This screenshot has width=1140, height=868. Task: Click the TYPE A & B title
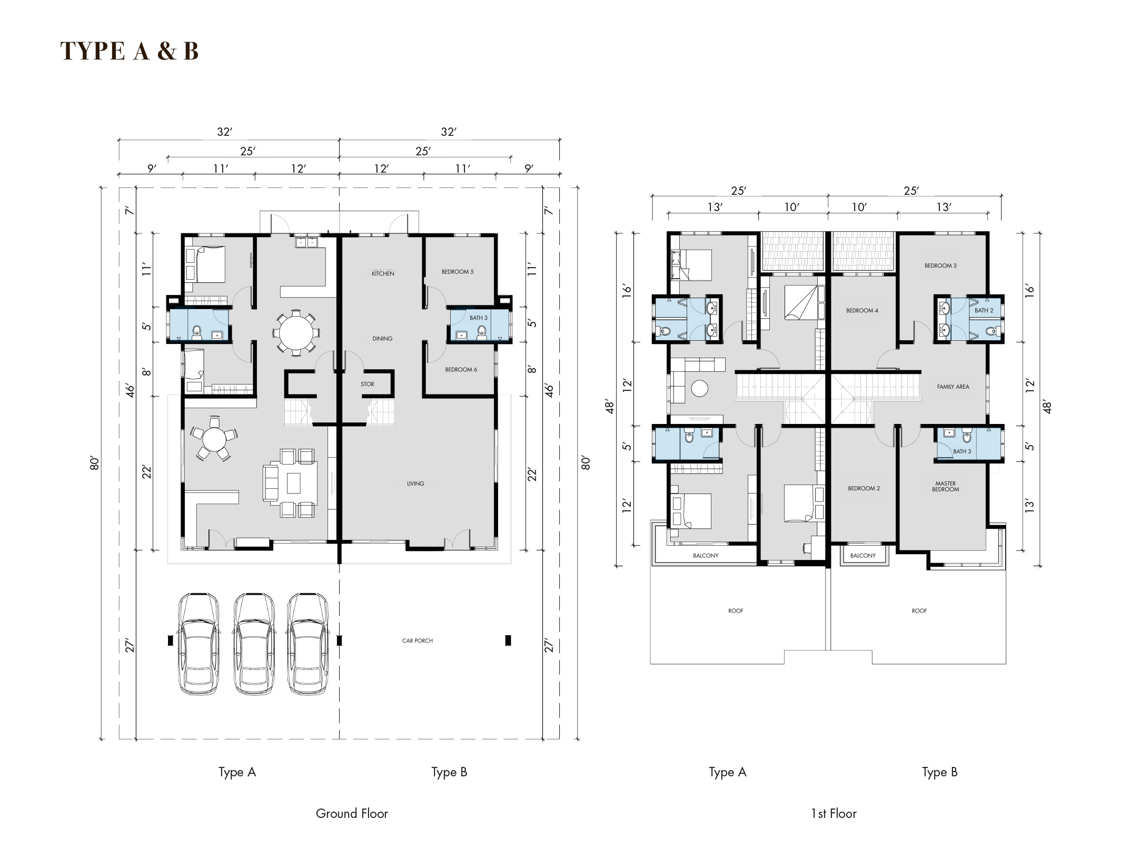coord(130,51)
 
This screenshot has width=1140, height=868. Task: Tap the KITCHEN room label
coord(383,273)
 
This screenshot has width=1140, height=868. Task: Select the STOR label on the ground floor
coord(368,384)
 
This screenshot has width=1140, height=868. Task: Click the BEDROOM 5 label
coord(458,272)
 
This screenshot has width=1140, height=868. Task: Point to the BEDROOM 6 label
coord(461,370)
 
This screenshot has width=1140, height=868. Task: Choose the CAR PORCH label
coord(418,640)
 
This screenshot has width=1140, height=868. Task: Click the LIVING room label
coord(415,484)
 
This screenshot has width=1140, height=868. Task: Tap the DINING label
coord(382,339)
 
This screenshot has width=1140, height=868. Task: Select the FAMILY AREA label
coord(953,387)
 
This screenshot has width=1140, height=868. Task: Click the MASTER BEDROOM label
coord(946,486)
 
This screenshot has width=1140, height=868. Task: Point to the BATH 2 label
coord(984,310)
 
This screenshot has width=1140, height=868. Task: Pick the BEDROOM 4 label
coord(862,310)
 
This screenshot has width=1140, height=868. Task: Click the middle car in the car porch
coord(254,644)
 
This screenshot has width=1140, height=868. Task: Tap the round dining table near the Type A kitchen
coord(296,333)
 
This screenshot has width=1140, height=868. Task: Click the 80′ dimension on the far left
coord(94,463)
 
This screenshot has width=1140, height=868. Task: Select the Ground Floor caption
coord(352,813)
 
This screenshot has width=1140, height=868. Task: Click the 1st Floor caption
coord(834,813)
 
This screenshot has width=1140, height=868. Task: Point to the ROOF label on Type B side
coord(919,610)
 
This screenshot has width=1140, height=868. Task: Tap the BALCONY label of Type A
coord(706,555)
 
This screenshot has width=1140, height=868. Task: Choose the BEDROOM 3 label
coord(940,265)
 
